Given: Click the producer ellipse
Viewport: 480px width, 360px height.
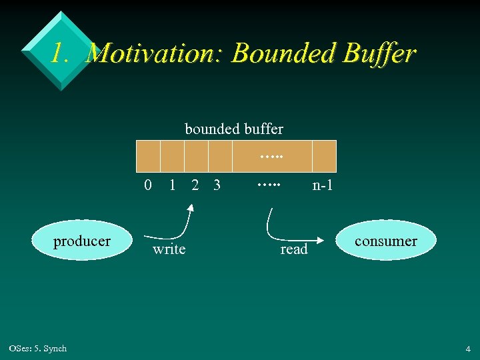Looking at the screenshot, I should point(82,241).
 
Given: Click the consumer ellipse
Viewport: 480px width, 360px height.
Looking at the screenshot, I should point(386,241).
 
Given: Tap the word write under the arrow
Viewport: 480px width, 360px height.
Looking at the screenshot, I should point(169,249).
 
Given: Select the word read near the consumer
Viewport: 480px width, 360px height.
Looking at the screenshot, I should point(294,249).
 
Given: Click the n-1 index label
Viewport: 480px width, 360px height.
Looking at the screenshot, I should point(323,186).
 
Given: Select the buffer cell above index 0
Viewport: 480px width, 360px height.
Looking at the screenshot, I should point(148,157).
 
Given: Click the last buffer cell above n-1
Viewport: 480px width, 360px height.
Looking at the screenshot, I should point(324,157).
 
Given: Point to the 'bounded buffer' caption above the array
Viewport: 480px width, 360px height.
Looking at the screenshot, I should point(234,129).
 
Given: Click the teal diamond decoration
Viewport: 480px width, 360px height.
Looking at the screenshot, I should point(60,50).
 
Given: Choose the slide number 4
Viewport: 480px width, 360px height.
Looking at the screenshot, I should point(468,349).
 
